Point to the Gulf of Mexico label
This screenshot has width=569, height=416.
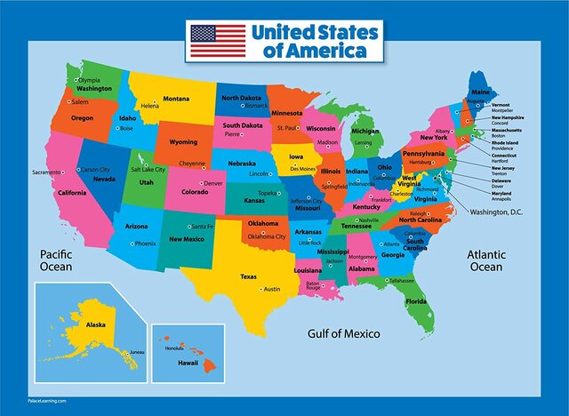[x=344, y=334]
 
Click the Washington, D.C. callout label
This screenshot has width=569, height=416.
[x=500, y=212]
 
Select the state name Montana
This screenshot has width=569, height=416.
[x=175, y=99]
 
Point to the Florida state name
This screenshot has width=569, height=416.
[x=416, y=301]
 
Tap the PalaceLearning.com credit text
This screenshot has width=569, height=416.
[x=51, y=402]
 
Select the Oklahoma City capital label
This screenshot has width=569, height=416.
[x=267, y=236]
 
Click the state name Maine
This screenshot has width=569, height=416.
[x=480, y=92]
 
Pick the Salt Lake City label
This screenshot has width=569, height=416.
[x=148, y=169]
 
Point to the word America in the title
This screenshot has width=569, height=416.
[x=335, y=51]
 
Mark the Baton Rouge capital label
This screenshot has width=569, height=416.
[x=313, y=286]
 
